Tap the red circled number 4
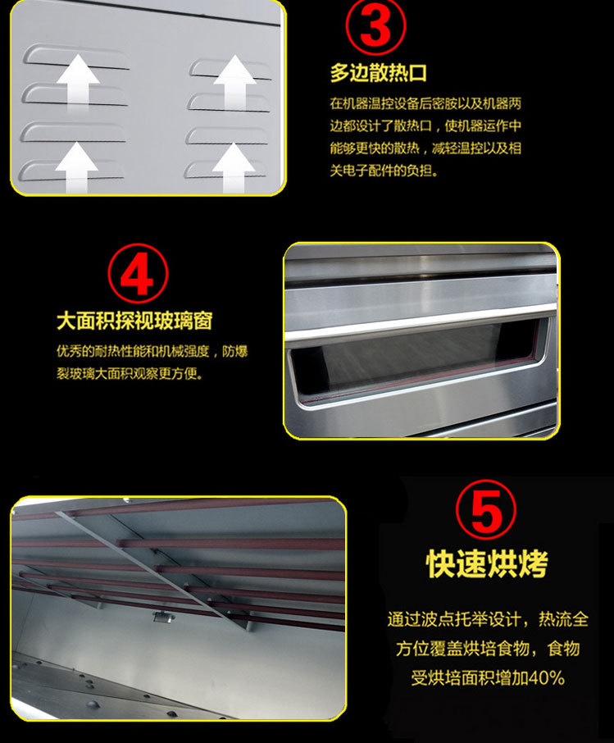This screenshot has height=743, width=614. pyautogui.click(x=138, y=274)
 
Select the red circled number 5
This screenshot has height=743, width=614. pyautogui.click(x=486, y=509)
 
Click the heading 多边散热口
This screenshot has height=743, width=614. pyautogui.click(x=379, y=73)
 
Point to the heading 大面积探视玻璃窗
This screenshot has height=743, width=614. pyautogui.click(x=134, y=321)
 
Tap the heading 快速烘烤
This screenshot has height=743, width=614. pyautogui.click(x=487, y=564)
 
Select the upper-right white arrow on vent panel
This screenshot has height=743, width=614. pyautogui.click(x=235, y=81)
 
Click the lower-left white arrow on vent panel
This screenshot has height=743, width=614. pyautogui.click(x=77, y=167)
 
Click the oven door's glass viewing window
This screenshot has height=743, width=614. pyautogui.click(x=418, y=358)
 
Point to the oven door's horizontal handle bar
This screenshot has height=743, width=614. pyautogui.click(x=421, y=324)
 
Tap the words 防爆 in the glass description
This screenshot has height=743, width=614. pyautogui.click(x=235, y=351)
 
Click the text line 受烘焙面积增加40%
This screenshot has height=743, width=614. pyautogui.click(x=488, y=677)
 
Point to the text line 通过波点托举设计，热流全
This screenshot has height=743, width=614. pyautogui.click(x=488, y=619)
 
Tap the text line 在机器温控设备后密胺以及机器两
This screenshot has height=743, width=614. pyautogui.click(x=425, y=103)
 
